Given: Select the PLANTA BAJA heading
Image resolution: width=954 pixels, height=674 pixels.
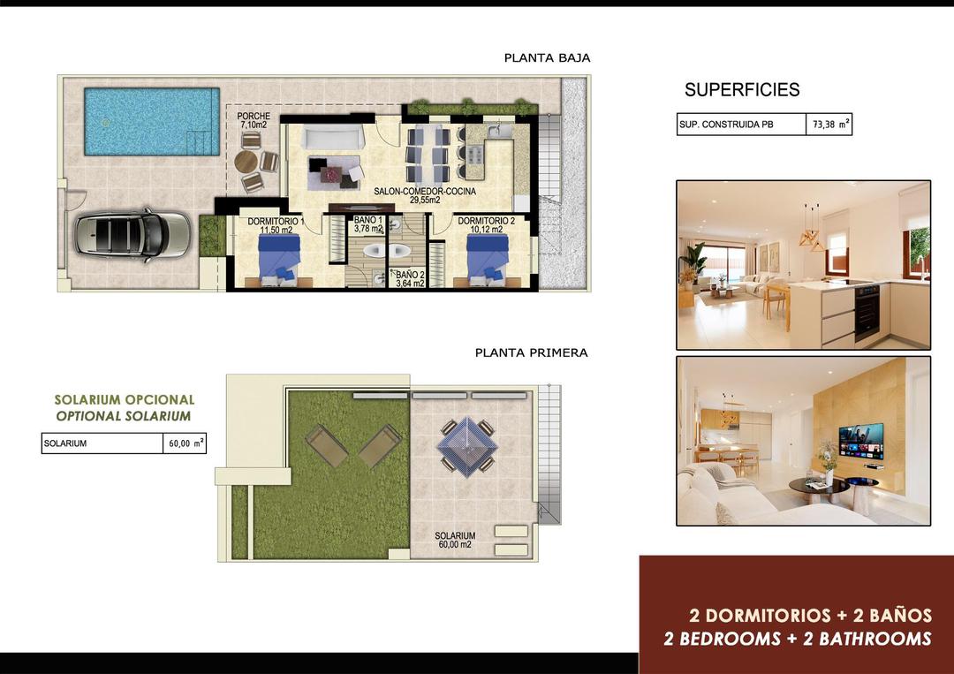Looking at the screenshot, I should click(x=547, y=58).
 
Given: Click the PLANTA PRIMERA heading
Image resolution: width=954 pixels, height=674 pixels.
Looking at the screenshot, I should click(x=531, y=352).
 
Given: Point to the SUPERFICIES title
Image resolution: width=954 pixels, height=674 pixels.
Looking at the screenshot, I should click(x=742, y=90).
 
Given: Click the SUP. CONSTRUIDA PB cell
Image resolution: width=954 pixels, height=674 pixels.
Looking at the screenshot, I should click(x=740, y=125).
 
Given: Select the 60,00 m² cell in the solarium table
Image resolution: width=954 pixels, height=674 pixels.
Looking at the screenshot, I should click(x=185, y=443).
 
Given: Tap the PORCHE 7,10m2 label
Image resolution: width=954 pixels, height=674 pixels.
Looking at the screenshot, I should click(x=254, y=121).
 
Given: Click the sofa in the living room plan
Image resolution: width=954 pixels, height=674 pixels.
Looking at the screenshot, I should click(x=333, y=137).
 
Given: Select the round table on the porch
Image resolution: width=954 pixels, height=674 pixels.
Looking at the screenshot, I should click(x=246, y=162).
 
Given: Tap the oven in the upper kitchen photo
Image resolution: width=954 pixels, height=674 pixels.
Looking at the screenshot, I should click(x=867, y=313).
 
